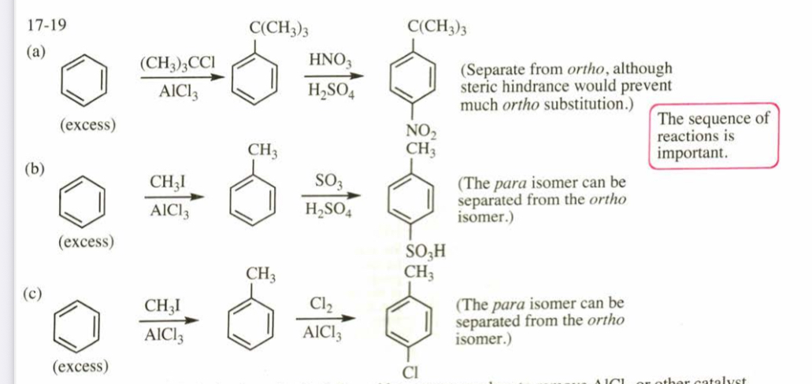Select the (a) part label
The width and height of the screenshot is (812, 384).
(x=36, y=53)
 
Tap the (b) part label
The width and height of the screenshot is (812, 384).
(x=36, y=168)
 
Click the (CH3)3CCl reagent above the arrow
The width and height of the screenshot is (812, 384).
(x=177, y=62)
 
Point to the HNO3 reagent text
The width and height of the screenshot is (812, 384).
(x=330, y=60)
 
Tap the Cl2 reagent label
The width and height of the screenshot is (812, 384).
(x=321, y=303)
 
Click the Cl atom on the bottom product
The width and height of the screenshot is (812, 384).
(x=412, y=371)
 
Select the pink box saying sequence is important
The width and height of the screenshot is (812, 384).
(x=714, y=135)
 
